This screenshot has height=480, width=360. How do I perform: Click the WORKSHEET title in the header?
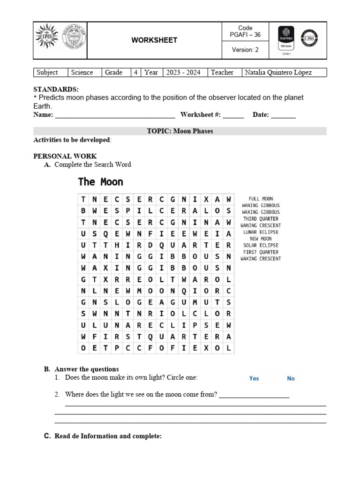click(x=154, y=40)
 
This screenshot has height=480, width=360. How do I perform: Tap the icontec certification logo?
click(x=286, y=39)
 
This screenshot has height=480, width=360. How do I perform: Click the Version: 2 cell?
click(x=245, y=50)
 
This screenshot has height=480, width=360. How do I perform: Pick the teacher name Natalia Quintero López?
click(x=278, y=72)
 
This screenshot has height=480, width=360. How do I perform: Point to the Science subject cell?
click(x=82, y=72)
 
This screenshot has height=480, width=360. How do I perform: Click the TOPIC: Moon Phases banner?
click(x=180, y=131)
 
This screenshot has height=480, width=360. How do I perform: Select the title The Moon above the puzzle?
click(x=100, y=181)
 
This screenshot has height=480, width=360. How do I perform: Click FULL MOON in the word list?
click(x=261, y=199)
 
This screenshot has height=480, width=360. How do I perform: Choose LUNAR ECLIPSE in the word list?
click(x=261, y=232)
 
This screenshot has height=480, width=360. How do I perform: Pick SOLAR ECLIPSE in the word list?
click(x=261, y=245)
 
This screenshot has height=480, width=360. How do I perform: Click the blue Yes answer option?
click(x=254, y=378)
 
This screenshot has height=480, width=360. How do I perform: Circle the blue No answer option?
click(x=291, y=378)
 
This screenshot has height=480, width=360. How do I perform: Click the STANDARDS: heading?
click(x=56, y=89)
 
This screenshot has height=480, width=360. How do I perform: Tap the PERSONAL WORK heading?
click(x=65, y=156)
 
